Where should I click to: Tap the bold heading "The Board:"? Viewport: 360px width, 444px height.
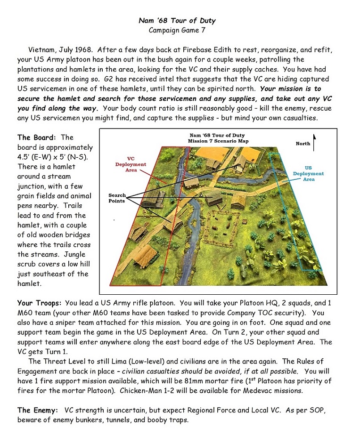tap(37, 137)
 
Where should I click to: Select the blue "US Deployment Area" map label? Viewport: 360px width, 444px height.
tap(309, 173)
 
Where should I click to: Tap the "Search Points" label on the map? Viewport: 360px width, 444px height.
tap(117, 198)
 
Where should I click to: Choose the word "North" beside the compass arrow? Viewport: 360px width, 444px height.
tap(303, 144)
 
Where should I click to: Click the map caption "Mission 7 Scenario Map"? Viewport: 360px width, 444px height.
tap(218, 141)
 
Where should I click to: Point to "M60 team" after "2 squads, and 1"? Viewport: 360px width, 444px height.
tap(33, 323)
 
